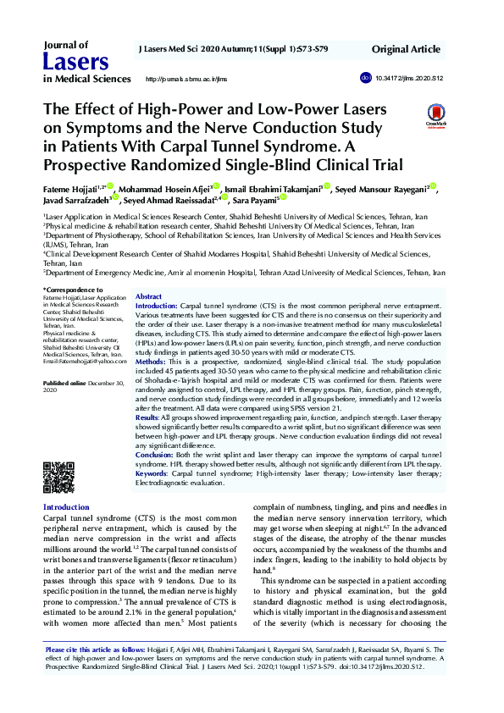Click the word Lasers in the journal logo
75,61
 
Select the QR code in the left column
58,478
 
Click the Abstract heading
149,297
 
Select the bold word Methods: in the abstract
152,361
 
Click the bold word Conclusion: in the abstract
155,455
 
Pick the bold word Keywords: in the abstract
154,473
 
